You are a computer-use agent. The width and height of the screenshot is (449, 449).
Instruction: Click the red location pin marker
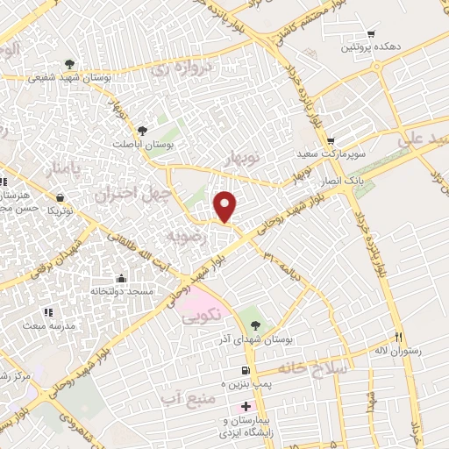[226, 207]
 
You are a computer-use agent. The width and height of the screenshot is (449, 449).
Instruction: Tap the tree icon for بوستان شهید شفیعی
[68, 63]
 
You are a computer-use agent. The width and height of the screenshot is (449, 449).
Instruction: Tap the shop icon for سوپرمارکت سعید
[331, 142]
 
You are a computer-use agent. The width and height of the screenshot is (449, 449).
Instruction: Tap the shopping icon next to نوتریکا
[59, 198]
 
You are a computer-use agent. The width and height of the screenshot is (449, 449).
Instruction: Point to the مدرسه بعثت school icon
[48, 311]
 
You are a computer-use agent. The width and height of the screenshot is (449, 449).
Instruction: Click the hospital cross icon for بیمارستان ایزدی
[246, 406]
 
